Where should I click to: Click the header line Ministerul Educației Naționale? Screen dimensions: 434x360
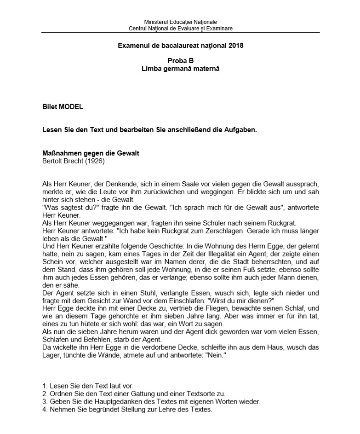tap(180, 22)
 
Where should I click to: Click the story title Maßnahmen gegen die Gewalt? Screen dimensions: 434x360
tap(91, 153)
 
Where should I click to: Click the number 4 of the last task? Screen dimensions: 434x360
tap(44, 409)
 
